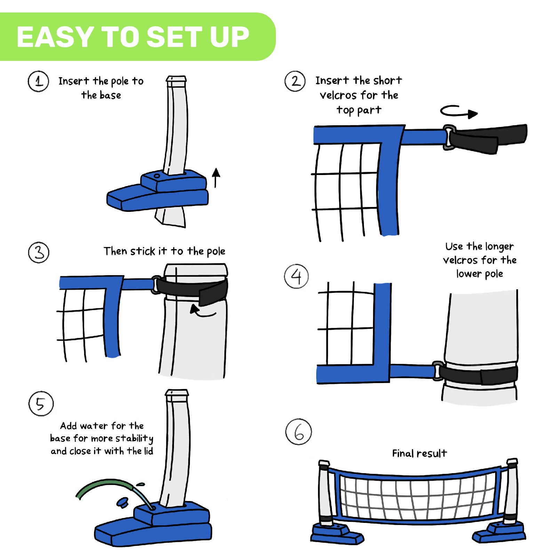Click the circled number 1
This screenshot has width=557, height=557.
(x=38, y=81)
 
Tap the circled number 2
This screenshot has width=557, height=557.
(x=295, y=81)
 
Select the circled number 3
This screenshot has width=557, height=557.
(x=39, y=252)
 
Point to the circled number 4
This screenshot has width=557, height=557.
(x=296, y=276)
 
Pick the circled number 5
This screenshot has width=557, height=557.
(x=41, y=404)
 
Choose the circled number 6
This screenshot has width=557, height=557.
(x=299, y=432)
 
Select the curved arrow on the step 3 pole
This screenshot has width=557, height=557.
(x=202, y=311)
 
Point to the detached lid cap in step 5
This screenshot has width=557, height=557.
(x=122, y=502)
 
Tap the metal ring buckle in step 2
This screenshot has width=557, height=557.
(x=449, y=137)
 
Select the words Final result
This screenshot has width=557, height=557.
(x=419, y=453)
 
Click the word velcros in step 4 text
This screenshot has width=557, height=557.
(x=460, y=260)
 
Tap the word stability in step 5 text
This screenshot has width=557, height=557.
(x=135, y=438)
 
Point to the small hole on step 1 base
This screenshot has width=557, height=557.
(x=157, y=176)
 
